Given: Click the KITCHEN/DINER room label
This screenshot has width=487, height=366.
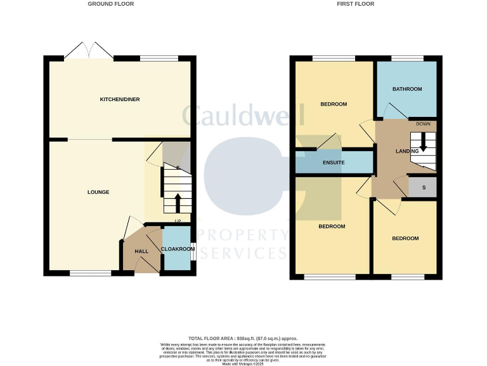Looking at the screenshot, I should [119, 100].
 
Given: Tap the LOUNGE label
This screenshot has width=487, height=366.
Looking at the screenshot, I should [98, 192].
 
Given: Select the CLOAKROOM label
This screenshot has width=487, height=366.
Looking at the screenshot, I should [178, 249].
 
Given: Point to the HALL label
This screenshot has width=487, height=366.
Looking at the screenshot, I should [141, 252].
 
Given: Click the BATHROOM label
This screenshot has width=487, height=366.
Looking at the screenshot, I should [406, 89].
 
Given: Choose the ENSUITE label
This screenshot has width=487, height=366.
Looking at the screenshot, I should [334, 163].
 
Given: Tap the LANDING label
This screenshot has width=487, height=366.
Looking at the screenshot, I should [406, 151].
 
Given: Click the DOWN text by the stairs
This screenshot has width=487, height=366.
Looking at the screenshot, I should [424, 125].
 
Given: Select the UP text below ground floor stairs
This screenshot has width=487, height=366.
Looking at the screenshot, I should [178, 222].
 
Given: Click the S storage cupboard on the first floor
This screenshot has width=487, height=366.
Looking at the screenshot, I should [424, 187].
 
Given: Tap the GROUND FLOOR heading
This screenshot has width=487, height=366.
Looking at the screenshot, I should [111, 4].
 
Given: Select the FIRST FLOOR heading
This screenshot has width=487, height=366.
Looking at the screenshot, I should [356, 4].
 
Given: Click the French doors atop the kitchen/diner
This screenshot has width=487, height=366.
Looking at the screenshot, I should [88, 51].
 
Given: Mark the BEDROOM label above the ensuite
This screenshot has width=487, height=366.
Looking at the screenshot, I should [334, 104].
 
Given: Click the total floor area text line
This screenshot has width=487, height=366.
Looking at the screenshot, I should [243, 338].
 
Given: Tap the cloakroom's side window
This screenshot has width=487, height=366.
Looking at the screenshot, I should [193, 252].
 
